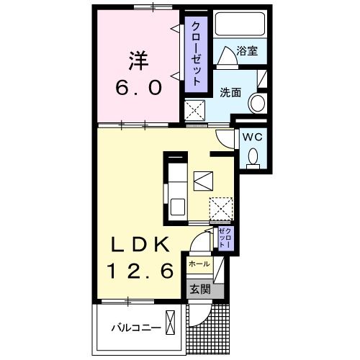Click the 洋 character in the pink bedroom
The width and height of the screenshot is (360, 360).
click(138, 58)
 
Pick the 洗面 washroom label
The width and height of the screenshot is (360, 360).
click(230, 91)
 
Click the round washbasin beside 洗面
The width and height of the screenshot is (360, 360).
click(256, 104)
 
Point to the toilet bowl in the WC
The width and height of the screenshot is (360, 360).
click(253, 156)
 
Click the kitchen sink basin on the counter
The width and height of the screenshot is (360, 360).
click(177, 206)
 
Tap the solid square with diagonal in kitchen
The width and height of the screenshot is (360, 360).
click(202, 179)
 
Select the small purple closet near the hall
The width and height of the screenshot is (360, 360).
click(223, 238)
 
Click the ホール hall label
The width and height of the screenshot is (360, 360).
click(199, 265)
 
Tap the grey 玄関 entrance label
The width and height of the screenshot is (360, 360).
click(199, 289)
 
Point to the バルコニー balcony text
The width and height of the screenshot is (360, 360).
click(131, 328)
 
